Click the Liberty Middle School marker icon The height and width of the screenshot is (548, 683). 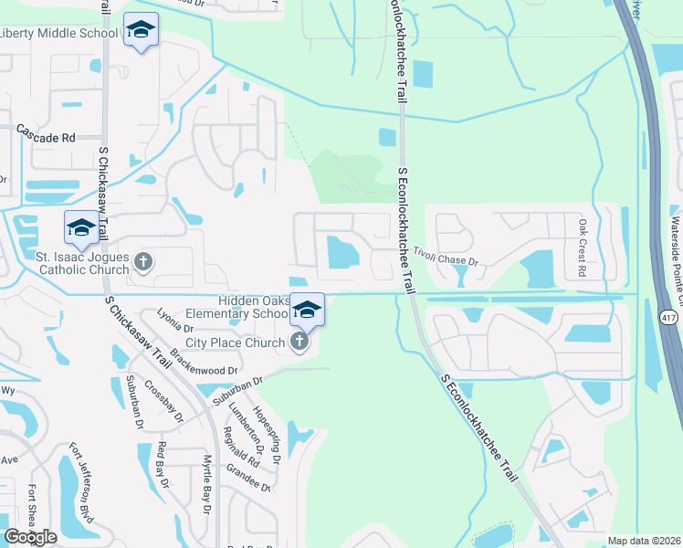pyautogui.click(x=141, y=31)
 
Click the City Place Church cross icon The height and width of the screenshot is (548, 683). pyautogui.click(x=299, y=342)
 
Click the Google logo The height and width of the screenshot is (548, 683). pyautogui.click(x=30, y=537)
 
